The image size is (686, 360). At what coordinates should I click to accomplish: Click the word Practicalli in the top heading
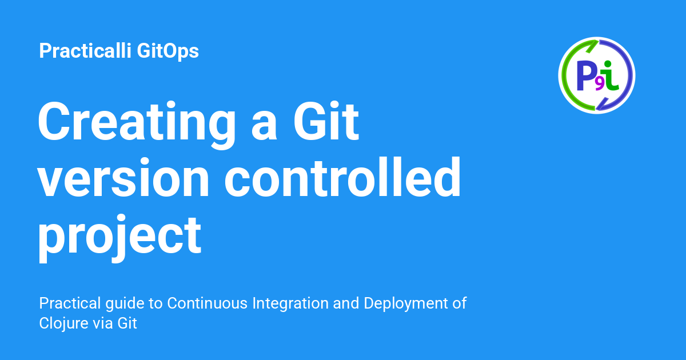86,51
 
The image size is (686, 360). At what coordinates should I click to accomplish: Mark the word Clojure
62,323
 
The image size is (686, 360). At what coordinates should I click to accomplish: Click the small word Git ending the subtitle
127,323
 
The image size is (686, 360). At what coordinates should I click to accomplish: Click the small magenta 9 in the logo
599,84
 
